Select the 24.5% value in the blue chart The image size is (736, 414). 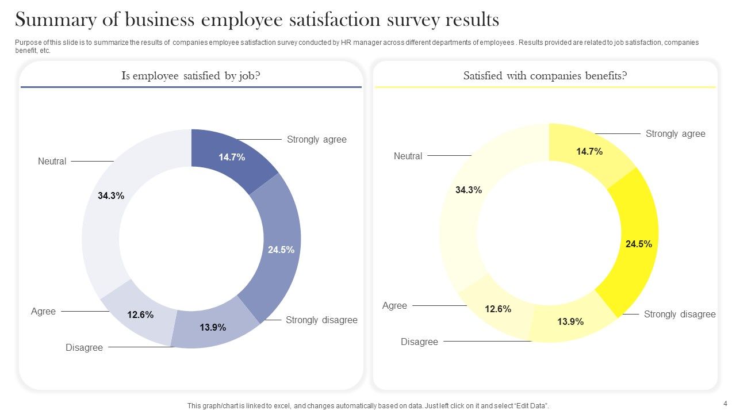281,250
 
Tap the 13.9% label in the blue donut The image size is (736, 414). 213,328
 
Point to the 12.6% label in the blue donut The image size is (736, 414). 140,315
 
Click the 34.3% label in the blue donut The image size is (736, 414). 111,195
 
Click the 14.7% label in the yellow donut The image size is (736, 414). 589,151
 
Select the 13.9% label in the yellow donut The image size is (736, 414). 570,322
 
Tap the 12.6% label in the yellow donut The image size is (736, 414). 498,309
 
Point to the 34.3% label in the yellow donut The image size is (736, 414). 469,190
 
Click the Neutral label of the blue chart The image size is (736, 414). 52,162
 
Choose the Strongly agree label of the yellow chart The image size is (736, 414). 675,133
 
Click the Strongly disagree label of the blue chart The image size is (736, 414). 321,320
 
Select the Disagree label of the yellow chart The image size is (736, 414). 419,342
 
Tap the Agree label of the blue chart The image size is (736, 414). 43,312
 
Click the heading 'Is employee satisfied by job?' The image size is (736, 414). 191,76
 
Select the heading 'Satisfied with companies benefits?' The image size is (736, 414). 545,76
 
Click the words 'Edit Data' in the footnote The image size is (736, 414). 530,406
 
